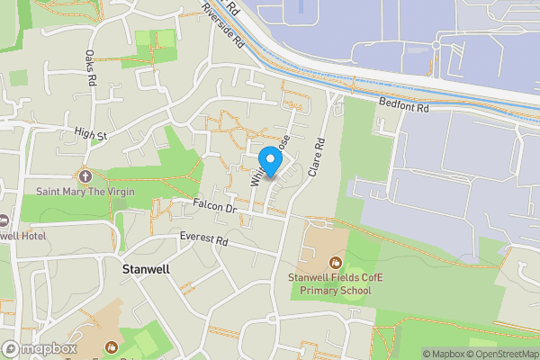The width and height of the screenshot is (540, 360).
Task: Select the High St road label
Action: (x=91, y=135)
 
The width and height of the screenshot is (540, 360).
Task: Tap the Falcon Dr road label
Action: (x=214, y=208)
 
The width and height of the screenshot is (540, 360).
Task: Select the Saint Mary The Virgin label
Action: (x=86, y=191)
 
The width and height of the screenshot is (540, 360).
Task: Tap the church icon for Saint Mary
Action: (x=85, y=175)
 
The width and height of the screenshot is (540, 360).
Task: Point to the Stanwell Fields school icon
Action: (x=335, y=263)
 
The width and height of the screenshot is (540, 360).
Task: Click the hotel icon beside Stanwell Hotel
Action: (x=3, y=220)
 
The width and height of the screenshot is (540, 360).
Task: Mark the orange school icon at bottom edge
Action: (x=112, y=347)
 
